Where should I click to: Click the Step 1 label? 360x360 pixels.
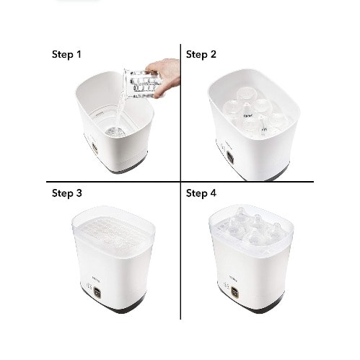[x=66, y=54]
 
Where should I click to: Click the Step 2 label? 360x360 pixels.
[x=201, y=54]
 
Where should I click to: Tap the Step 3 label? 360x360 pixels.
[x=67, y=193]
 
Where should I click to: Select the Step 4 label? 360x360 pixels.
[x=201, y=193]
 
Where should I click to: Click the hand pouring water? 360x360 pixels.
[x=165, y=76]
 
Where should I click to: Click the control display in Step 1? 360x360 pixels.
[x=95, y=148]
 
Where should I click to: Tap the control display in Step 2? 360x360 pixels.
[x=231, y=157]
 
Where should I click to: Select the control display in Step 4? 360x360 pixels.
[x=234, y=291]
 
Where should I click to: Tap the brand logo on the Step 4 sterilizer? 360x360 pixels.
[x=233, y=280]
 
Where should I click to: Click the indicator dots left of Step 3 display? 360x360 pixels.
[x=89, y=286]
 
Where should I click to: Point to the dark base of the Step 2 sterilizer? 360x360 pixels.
[x=267, y=175]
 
